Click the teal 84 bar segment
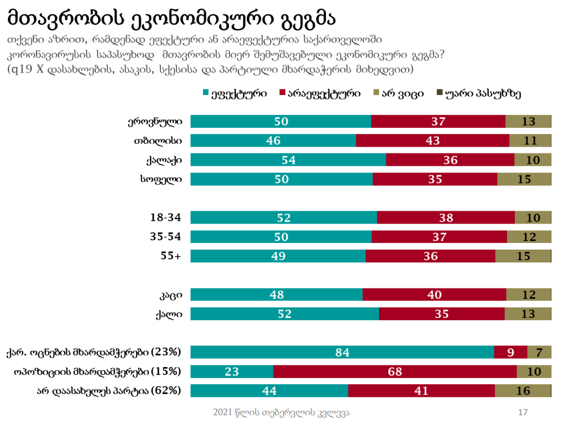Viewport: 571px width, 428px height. coord(342,352)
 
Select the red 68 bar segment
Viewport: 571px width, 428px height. coord(395,371)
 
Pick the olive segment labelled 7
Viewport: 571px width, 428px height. coord(539,352)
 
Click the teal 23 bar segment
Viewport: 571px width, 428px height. coord(232,371)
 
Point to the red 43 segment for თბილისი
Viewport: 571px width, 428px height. coord(432,141)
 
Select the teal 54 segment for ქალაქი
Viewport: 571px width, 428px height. coord(288,160)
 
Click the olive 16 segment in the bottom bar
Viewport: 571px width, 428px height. coord(523,391)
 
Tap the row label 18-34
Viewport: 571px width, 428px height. coord(166,217)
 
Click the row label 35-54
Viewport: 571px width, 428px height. coord(166,236)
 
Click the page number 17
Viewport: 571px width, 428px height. coord(522,413)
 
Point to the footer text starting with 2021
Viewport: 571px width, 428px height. coord(281,413)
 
